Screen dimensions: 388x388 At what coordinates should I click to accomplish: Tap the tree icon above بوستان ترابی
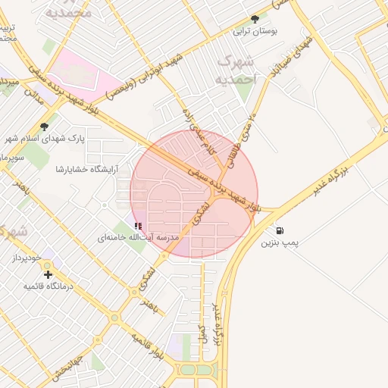(x=255, y=19)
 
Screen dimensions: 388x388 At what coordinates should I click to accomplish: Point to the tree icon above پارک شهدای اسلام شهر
(x=44, y=127)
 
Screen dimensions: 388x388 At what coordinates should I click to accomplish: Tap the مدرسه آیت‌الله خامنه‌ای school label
(x=137, y=237)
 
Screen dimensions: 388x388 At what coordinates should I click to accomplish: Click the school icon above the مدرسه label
(x=137, y=226)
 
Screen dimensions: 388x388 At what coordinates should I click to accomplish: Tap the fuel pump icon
(x=280, y=230)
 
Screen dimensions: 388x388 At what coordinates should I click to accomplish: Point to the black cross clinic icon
(x=48, y=274)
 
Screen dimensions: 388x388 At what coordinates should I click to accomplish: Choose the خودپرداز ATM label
(x=29, y=258)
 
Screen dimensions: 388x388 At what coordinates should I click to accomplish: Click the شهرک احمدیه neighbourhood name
(x=235, y=69)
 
